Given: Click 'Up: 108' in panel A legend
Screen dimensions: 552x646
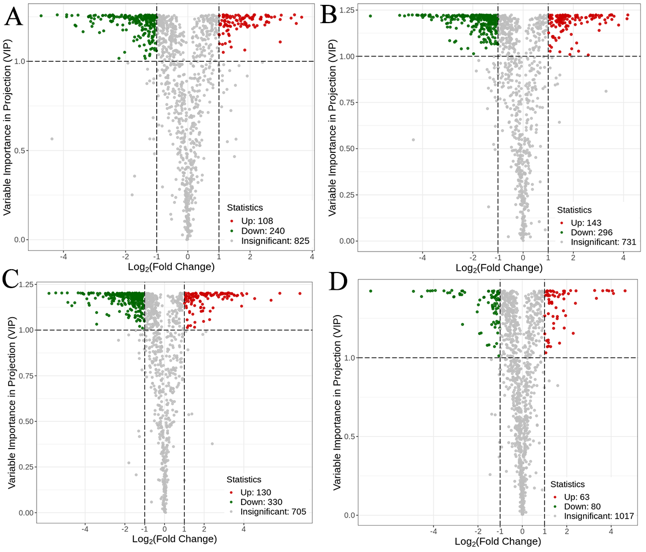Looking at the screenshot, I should click(257, 221).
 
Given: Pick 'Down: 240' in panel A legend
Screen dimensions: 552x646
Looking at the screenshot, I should click(263, 231).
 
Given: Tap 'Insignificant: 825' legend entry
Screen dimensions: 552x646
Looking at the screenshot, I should click(275, 241).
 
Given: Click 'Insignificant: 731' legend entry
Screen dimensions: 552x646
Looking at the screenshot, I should click(603, 242).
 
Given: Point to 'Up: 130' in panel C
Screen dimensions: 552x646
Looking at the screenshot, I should click(256, 492).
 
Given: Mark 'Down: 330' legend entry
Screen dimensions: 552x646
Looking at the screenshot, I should click(261, 502).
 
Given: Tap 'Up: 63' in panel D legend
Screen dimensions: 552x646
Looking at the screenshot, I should click(577, 497).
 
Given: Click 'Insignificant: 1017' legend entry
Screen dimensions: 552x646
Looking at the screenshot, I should click(599, 516).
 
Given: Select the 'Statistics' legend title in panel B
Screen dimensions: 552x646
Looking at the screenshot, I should click(574, 210).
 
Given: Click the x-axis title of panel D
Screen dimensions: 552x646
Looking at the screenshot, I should click(498, 542).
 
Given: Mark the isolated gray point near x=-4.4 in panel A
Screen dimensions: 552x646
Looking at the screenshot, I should click(52, 139).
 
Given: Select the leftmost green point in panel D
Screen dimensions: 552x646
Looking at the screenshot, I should click(370, 291).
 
